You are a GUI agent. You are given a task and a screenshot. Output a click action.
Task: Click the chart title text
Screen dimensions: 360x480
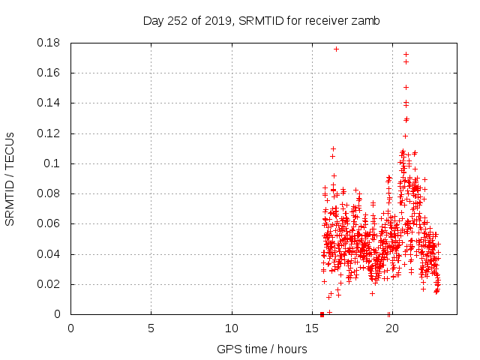click(262, 21)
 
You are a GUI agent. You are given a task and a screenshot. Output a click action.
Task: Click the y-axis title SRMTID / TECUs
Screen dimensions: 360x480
click(10, 178)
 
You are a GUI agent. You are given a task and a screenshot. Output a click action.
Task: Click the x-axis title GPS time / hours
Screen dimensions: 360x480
click(262, 349)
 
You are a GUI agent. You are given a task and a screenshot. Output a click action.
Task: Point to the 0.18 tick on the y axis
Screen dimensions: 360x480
click(50, 43)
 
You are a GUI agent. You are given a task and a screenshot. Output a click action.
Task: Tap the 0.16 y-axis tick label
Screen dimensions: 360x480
click(50, 73)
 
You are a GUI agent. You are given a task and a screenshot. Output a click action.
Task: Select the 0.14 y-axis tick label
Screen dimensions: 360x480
click(50, 103)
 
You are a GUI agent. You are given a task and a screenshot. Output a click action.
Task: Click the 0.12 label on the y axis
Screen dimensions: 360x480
click(50, 133)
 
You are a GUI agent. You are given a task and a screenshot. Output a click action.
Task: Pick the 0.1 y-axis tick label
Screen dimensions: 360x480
click(54, 163)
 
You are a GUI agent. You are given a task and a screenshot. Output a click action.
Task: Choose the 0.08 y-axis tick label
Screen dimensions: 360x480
click(50, 193)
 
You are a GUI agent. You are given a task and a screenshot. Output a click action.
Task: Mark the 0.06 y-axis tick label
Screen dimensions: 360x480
click(50, 223)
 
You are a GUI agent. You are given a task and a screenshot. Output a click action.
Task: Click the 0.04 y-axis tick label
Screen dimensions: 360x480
click(50, 254)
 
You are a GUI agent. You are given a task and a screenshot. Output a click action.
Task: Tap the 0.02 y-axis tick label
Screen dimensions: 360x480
click(50, 284)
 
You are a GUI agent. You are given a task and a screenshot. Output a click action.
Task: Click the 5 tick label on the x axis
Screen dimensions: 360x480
click(151, 328)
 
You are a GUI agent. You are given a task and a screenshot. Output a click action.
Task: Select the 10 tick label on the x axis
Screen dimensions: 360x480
click(231, 328)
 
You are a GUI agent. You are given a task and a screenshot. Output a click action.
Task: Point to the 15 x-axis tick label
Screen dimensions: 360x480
click(311, 328)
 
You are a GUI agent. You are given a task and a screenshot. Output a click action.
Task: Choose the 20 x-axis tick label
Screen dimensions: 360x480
click(391, 328)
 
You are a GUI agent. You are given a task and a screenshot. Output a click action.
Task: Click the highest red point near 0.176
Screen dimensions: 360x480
click(336, 49)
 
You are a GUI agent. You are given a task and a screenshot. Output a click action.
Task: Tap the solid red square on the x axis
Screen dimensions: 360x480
click(322, 314)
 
